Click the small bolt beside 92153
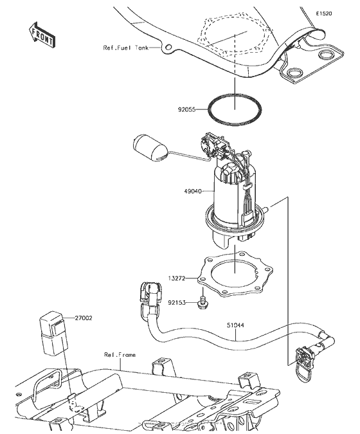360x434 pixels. click(x=203, y=300)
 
